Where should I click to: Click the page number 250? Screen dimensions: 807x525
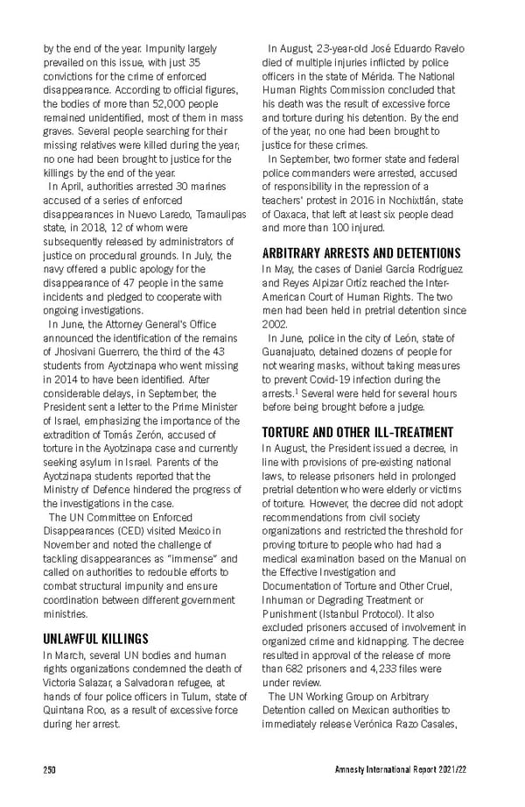tap(50, 769)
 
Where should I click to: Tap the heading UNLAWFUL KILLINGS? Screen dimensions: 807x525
tap(96, 639)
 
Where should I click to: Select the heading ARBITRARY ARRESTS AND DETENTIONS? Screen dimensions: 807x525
tap(361, 253)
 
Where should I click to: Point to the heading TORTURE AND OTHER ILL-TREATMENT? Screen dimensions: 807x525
tap(358, 433)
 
